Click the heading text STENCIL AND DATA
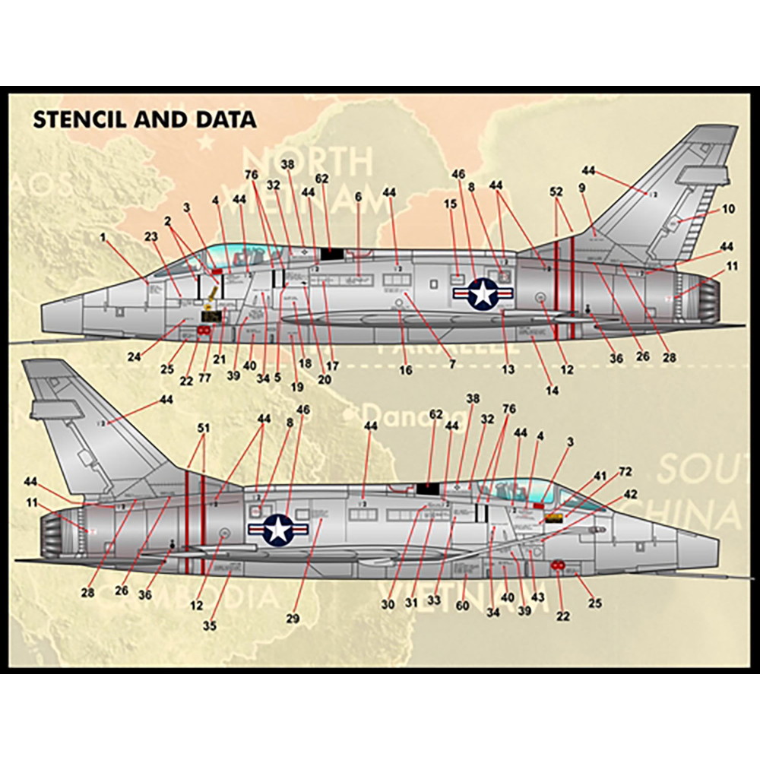(x=144, y=119)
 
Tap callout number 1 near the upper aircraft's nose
(x=103, y=237)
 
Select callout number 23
(x=151, y=237)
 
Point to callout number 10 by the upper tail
(x=729, y=208)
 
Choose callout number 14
(x=553, y=391)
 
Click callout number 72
(x=625, y=472)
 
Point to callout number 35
(x=209, y=625)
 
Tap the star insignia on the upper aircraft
(x=483, y=293)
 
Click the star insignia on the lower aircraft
(x=280, y=530)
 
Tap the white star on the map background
(x=204, y=141)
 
